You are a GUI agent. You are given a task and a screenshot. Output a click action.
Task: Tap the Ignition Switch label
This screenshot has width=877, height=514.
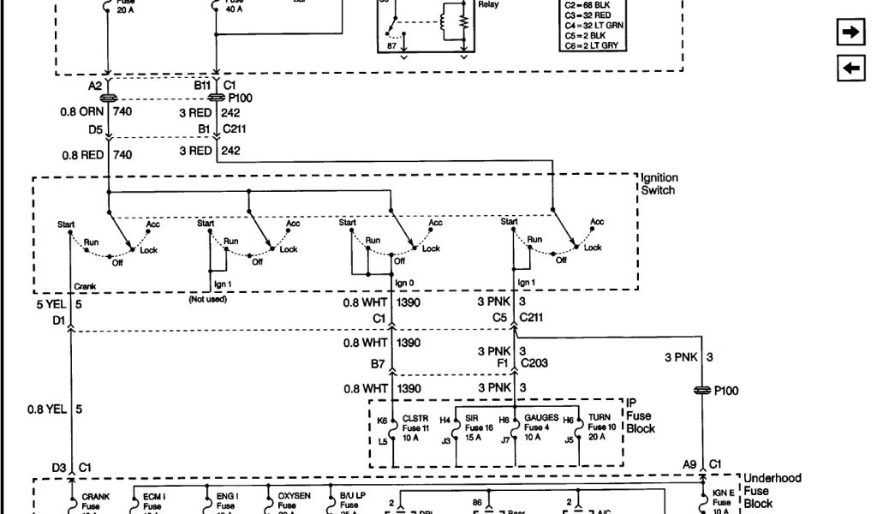pos(658,183)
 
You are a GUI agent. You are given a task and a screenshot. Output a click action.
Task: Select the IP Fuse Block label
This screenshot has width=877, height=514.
pos(640,415)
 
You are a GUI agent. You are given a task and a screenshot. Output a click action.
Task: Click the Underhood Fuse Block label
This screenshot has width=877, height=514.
pos(772,491)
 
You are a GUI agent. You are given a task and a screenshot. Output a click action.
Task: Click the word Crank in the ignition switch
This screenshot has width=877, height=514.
pos(85,287)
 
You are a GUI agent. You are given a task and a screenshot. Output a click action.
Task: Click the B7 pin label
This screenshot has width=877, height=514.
pos(378,364)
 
